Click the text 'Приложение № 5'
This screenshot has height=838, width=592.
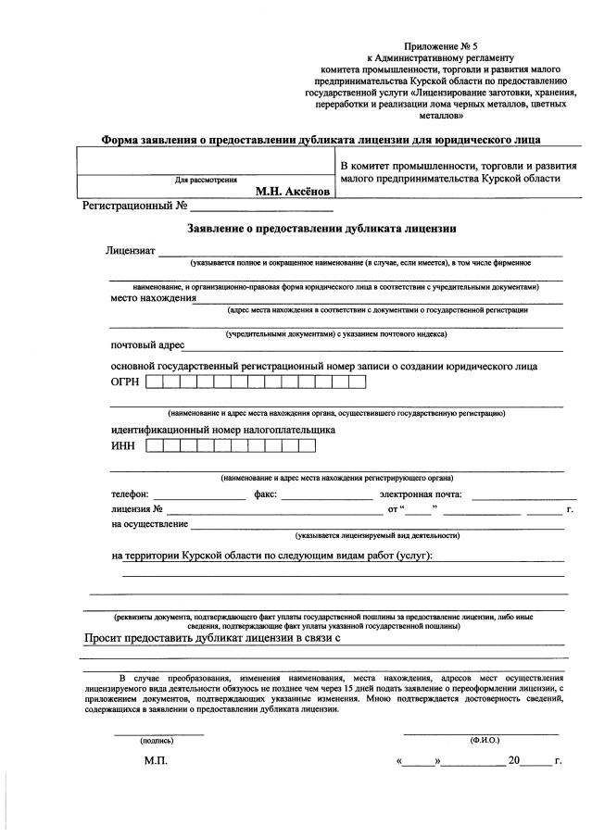[x=440, y=45]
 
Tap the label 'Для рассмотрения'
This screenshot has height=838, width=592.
[x=206, y=180]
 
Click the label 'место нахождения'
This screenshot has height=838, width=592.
[x=153, y=298]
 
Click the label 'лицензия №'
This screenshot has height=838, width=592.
[x=137, y=509]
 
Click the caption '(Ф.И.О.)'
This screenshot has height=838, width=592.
[x=485, y=741]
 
